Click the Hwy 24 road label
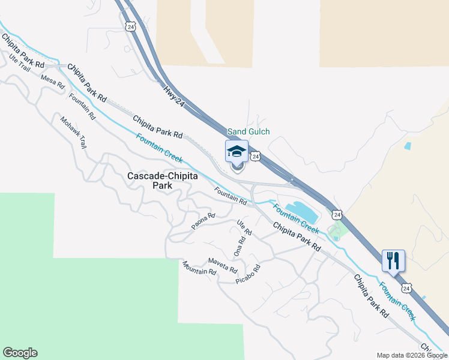point(173,96)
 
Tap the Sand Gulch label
point(249,131)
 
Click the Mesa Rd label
point(52,82)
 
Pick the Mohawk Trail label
point(73,132)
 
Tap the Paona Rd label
point(203,221)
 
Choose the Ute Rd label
point(244,227)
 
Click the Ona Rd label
point(240,247)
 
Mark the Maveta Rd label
point(223,265)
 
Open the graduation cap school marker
point(237,151)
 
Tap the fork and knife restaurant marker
point(393,260)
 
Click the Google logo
point(20,353)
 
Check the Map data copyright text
point(411,355)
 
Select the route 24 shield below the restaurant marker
point(407,288)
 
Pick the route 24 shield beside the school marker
point(256,156)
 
